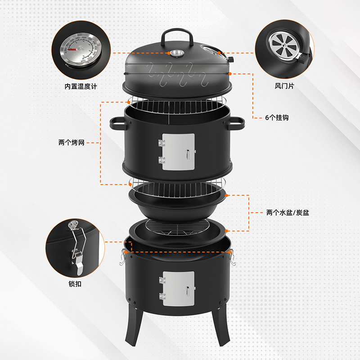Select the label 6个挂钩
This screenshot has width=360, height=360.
pyautogui.click(x=276, y=117)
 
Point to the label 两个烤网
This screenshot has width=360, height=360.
pyautogui.click(x=72, y=143)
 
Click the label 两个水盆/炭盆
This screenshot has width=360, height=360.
pyautogui.click(x=288, y=212)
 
